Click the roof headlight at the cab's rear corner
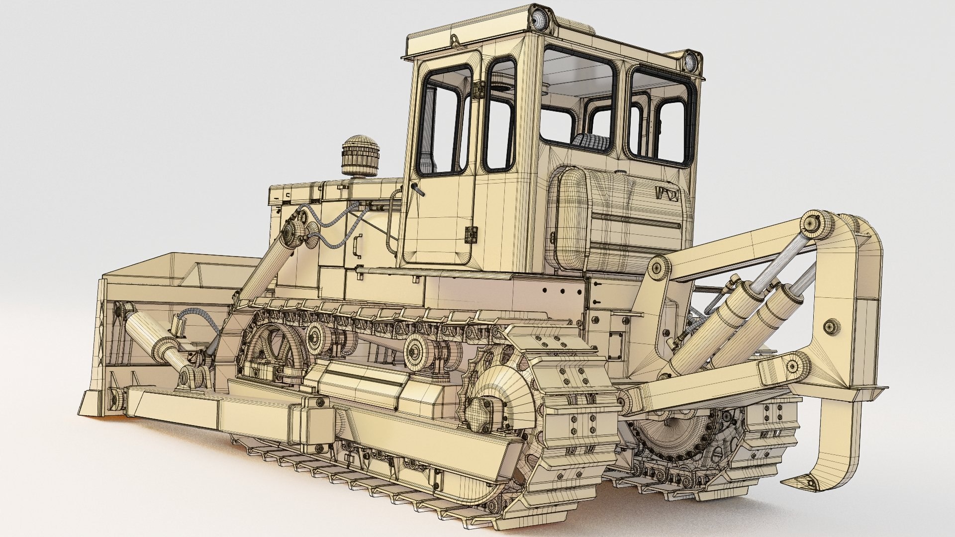coord(691,61)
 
